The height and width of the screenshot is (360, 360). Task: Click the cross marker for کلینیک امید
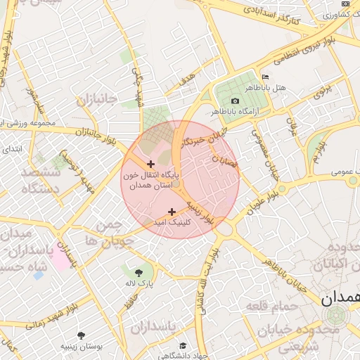coord(172,212)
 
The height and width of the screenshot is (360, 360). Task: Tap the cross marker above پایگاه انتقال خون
coord(150,164)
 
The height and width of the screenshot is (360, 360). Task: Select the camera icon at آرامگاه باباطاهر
coord(235,101)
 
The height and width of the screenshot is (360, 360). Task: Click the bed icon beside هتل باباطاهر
coord(264,77)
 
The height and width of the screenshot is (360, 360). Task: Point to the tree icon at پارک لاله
coord(139,271)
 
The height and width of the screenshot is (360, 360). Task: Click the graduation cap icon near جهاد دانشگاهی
coord(184,346)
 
